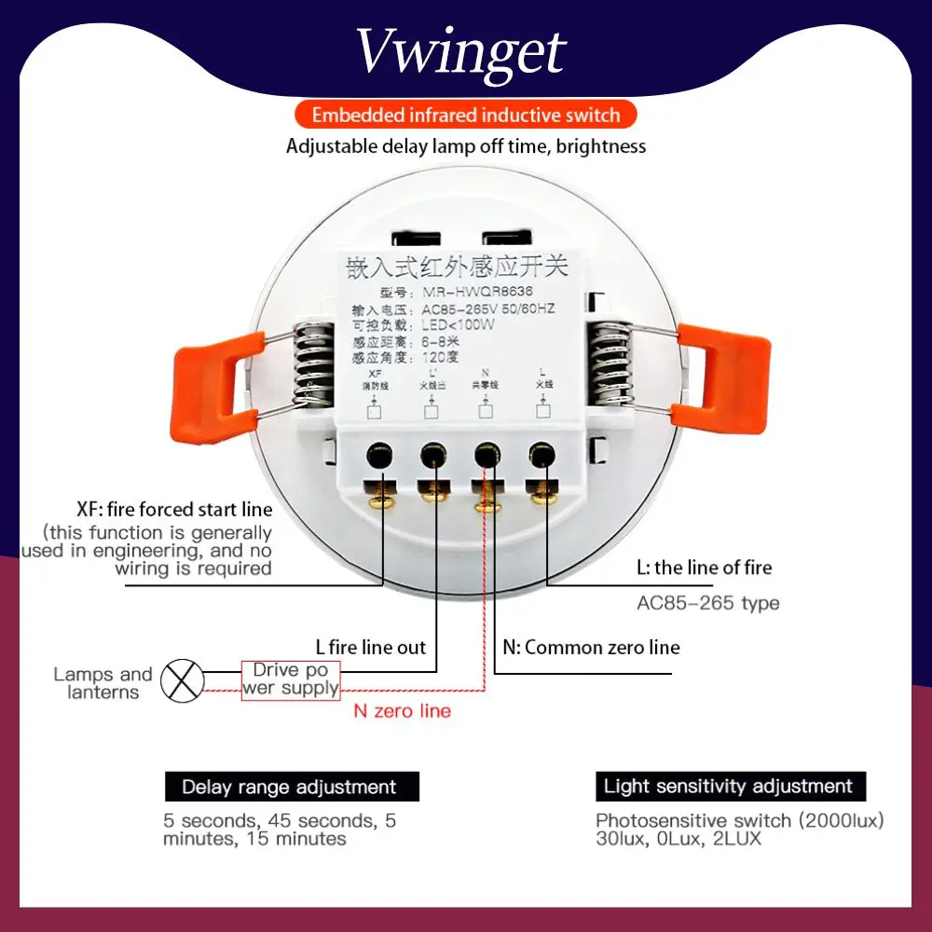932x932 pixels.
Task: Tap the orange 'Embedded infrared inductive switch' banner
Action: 465,116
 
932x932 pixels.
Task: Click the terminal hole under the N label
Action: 485,456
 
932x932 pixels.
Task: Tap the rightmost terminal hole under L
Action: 540,456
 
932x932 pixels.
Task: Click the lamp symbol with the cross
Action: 182,681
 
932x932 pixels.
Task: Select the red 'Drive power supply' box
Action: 290,680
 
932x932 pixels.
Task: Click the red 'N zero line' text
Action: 402,711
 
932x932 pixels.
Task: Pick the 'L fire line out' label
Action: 370,648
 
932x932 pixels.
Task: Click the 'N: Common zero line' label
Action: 591,648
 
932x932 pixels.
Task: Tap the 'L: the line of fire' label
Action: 704,568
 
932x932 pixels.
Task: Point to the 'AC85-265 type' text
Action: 707,603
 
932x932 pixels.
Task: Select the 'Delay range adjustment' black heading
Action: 289,787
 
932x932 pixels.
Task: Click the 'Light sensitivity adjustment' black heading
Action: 728,786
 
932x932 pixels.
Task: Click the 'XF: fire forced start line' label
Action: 174,510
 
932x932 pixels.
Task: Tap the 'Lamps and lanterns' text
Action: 103,683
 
